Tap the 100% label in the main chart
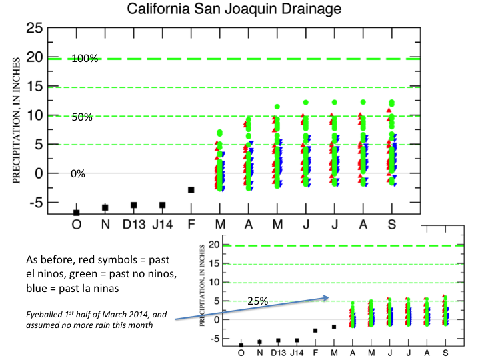[85, 59]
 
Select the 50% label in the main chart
[82, 117]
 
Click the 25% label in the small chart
[258, 301]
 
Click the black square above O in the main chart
[76, 213]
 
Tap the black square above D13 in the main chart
[133, 205]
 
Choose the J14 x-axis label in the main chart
[162, 223]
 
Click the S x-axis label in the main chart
[392, 223]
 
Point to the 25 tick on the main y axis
[34, 29]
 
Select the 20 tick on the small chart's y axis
[215, 245]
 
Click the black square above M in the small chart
[334, 327]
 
